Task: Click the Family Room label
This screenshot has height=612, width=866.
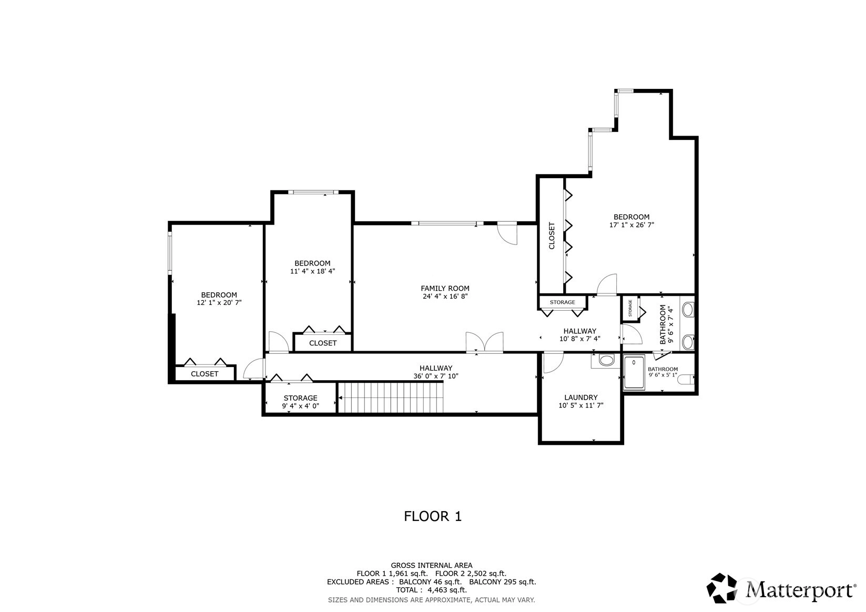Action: click(445, 289)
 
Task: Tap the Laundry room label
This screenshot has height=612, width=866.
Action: click(580, 397)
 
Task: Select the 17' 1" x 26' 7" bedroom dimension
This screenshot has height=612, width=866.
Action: click(631, 225)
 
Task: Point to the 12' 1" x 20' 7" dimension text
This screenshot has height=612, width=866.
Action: click(219, 303)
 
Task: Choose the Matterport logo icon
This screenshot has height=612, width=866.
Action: click(721, 588)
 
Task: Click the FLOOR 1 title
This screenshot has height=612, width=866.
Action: click(433, 516)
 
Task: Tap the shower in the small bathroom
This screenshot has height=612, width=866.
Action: click(634, 372)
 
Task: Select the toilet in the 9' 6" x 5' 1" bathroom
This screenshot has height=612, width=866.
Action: click(686, 379)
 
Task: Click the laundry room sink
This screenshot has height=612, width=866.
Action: click(606, 360)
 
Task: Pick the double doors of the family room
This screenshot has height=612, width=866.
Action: click(484, 342)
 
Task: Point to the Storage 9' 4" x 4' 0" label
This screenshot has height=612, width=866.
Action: click(300, 402)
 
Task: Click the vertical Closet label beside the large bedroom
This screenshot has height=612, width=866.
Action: click(552, 236)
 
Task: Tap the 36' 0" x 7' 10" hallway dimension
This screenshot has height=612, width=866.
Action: click(436, 376)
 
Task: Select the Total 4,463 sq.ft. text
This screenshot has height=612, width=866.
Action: click(432, 590)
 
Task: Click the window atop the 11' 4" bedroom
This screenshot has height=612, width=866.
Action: click(313, 192)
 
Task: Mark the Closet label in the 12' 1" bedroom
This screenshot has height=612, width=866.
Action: click(205, 374)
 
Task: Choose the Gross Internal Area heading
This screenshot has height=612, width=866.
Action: click(432, 565)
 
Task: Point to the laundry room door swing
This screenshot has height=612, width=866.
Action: click(553, 363)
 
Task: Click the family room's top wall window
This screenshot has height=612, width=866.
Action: click(447, 223)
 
